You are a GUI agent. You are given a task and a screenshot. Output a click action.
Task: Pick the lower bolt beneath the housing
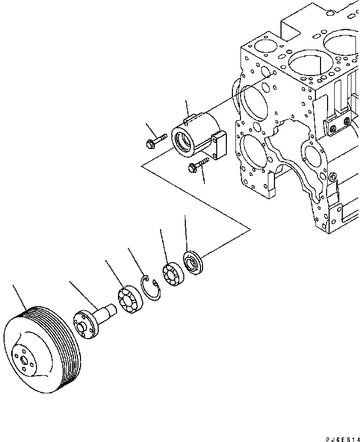pyautogui.click(x=198, y=166)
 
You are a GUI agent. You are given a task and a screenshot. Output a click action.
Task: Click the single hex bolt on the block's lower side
pyautogui.click(x=332, y=177)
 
